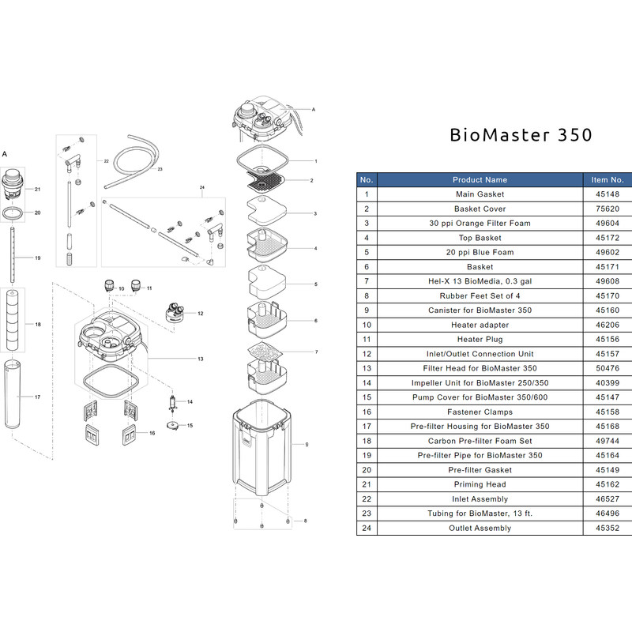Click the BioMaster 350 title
[521, 134]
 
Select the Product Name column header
[480, 179]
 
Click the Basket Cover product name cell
[480, 209]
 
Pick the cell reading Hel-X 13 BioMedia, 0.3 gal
[480, 281]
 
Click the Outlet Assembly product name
[480, 528]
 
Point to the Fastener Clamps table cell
[480, 412]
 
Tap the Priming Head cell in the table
[480, 484]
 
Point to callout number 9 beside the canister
[307, 445]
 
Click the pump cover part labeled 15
[171, 426]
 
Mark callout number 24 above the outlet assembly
[202, 188]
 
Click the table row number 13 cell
[367, 368]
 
